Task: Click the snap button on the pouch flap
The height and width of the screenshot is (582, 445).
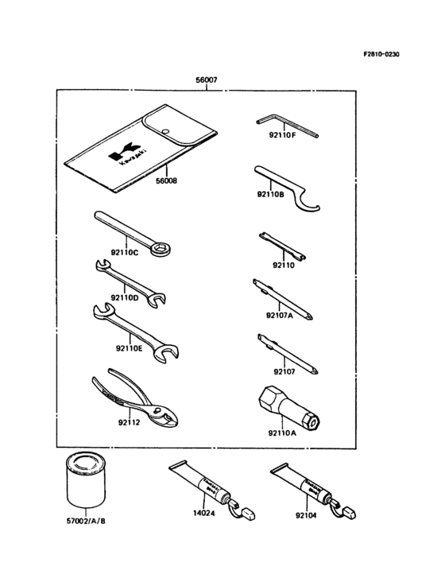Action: tap(164, 132)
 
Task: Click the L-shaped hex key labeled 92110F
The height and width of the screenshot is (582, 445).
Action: tap(286, 123)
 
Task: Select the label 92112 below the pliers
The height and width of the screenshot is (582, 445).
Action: tap(128, 422)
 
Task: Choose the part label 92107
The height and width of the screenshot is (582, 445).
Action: tap(284, 371)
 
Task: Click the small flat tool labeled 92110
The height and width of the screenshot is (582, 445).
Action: tap(282, 245)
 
